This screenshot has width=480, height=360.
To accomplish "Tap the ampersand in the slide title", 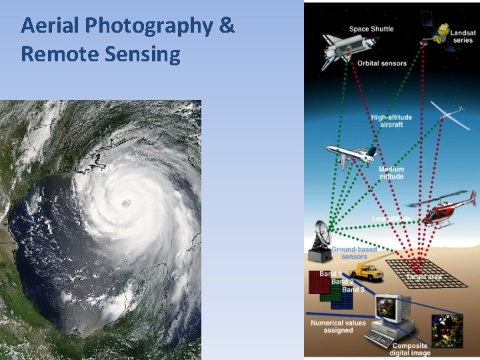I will [226, 25].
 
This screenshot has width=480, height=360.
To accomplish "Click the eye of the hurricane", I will [126, 203].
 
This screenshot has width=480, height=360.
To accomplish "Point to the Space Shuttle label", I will [371, 29].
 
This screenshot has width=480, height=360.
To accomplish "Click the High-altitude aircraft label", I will [391, 121].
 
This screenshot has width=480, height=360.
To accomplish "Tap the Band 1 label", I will [330, 274].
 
